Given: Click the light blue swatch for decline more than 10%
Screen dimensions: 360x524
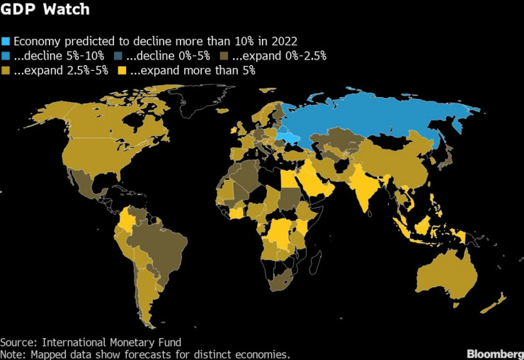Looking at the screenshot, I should tap(6, 40).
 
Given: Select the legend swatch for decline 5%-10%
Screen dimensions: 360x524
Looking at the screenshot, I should tap(6, 55).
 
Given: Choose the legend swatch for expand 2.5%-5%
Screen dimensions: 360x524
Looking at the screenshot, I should tap(6, 70).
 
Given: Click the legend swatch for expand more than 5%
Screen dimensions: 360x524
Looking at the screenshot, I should tap(123, 70).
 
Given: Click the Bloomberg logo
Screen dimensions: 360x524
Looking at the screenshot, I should tap(493, 352).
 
